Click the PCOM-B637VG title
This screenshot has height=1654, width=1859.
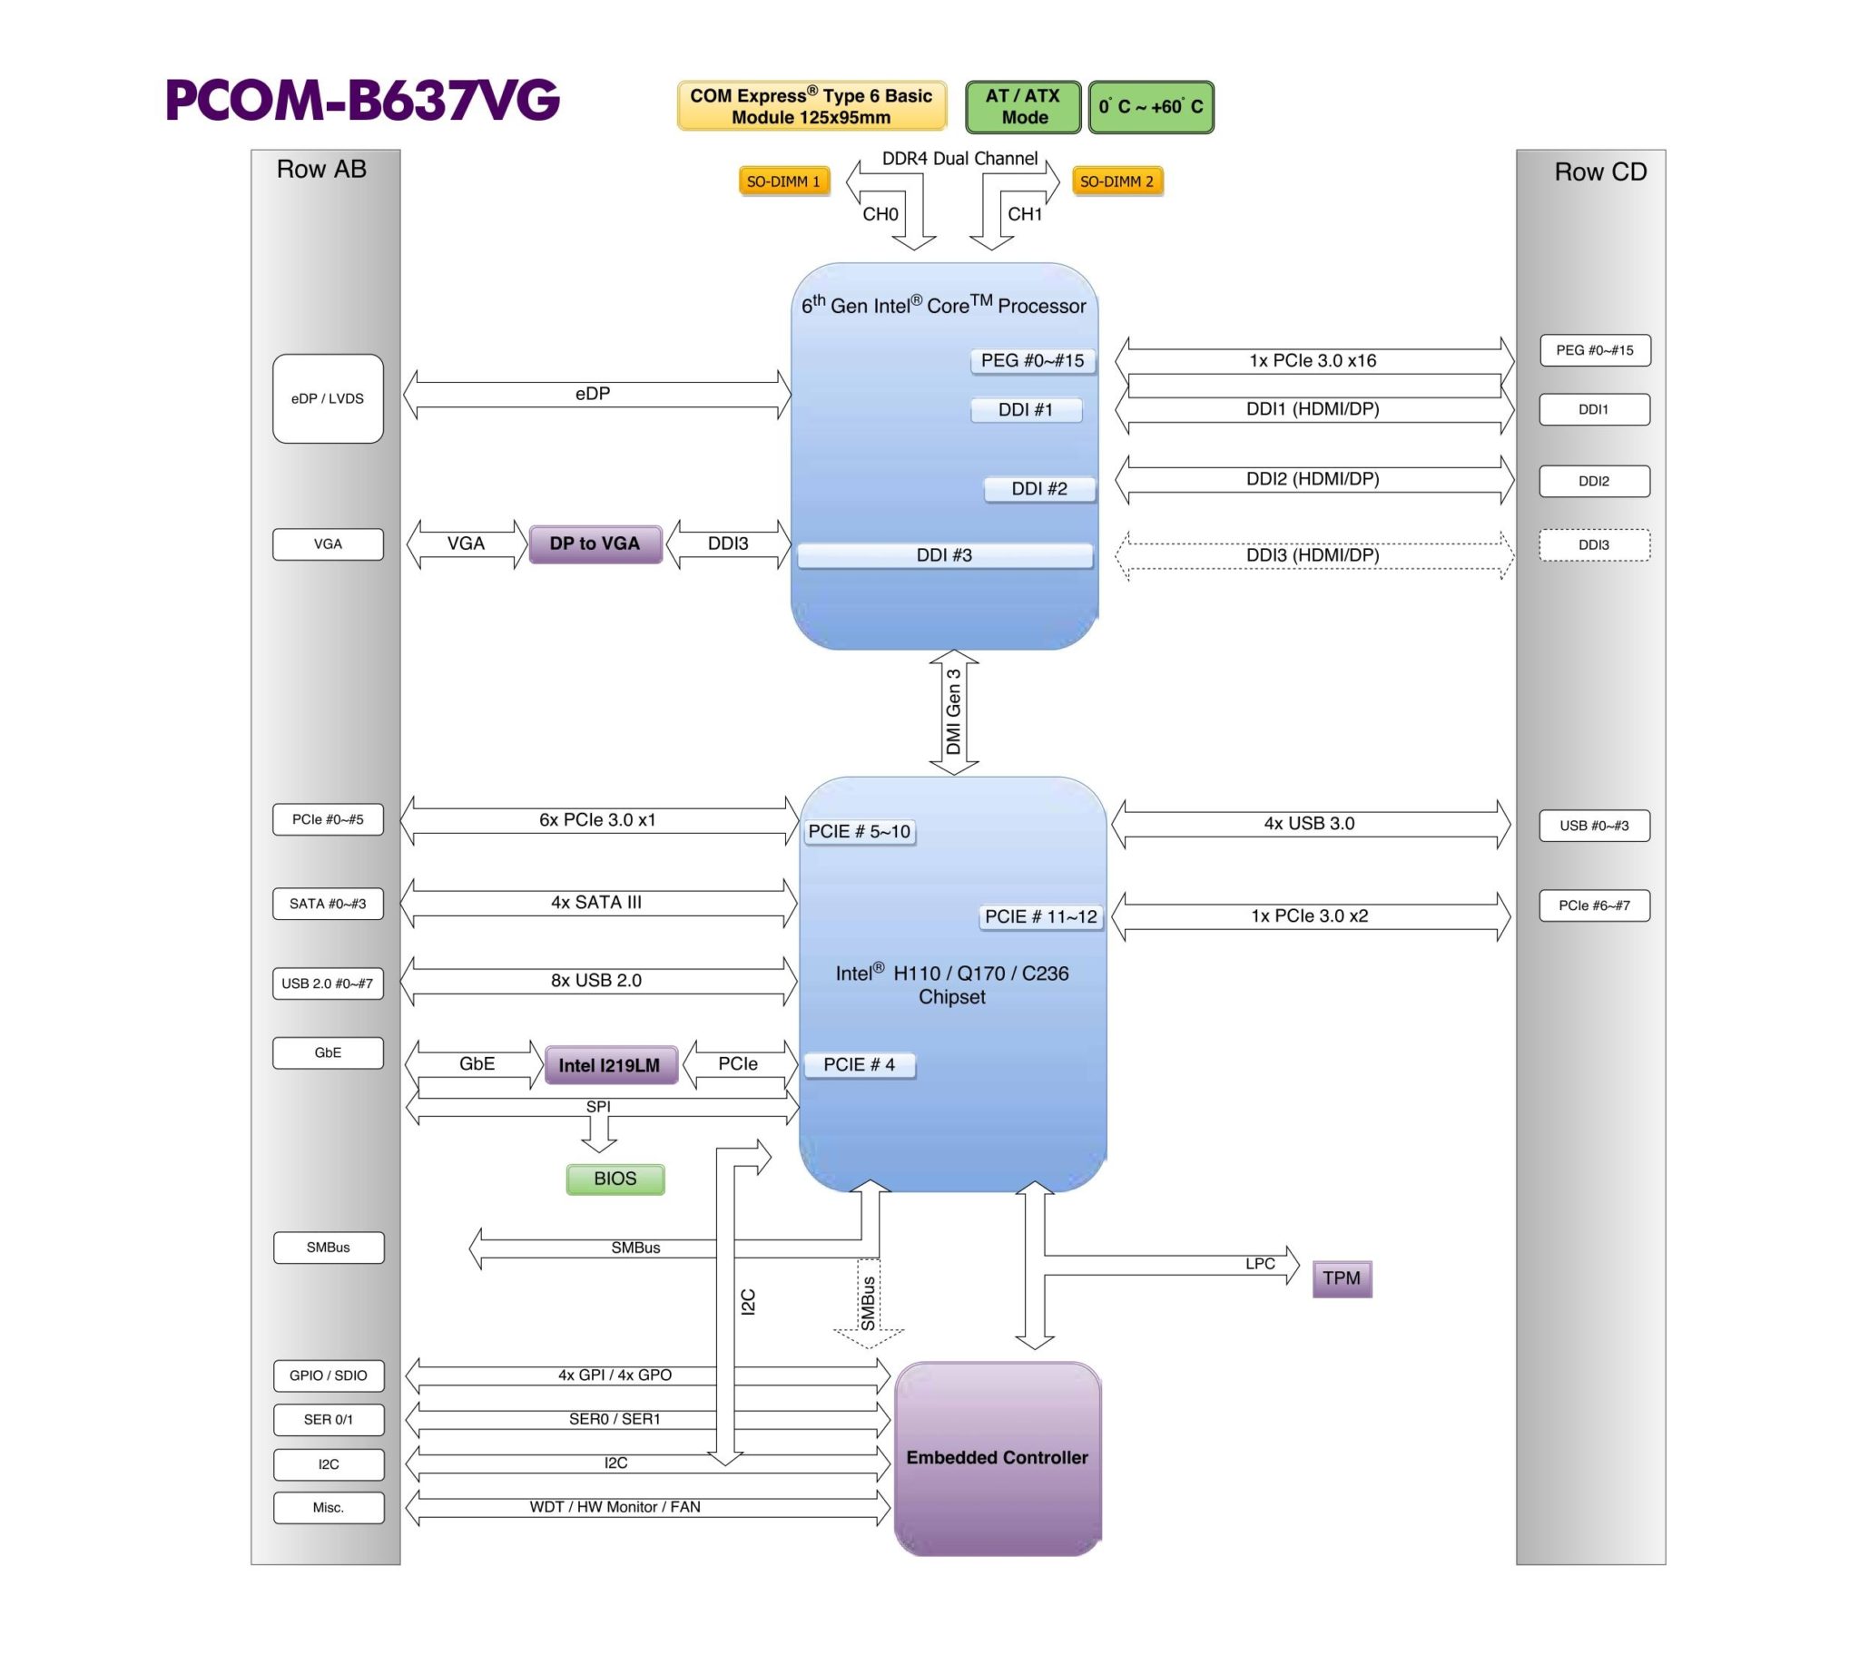tap(362, 100)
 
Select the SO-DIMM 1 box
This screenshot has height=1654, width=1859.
tap(783, 181)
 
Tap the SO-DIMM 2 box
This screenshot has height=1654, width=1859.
tap(1116, 181)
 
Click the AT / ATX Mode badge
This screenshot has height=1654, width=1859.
tap(1023, 106)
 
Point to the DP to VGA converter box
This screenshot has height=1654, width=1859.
tap(595, 543)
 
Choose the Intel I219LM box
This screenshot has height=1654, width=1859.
tap(610, 1065)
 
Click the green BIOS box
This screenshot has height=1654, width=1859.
tap(615, 1179)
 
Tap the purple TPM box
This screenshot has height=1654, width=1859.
tap(1342, 1278)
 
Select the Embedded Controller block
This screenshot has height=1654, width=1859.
tap(997, 1458)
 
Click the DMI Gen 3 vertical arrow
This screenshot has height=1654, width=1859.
tap(953, 712)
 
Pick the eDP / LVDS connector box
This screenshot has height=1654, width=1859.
tap(328, 398)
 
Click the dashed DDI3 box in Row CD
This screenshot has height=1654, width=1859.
tap(1593, 544)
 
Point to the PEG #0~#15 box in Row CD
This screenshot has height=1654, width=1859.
tap(1594, 350)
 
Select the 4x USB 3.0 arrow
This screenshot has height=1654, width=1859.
tap(1310, 824)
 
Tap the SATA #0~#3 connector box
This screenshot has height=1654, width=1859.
tap(328, 904)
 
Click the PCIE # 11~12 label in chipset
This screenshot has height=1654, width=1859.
tap(1041, 916)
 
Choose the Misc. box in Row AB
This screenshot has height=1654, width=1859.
tap(329, 1508)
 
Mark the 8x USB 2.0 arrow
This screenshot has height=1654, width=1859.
tap(596, 981)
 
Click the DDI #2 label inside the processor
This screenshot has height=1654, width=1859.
tap(1039, 489)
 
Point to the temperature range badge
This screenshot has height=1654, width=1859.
tap(1150, 106)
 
